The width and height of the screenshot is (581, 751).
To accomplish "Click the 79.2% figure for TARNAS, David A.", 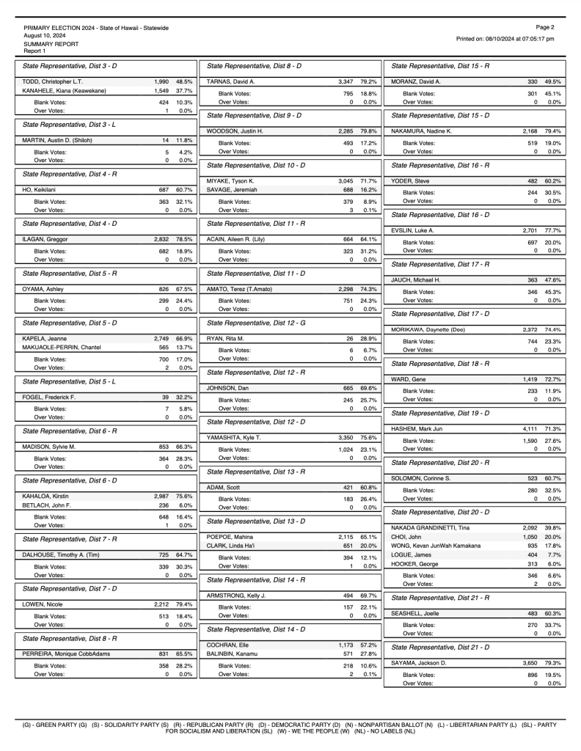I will click(369, 81).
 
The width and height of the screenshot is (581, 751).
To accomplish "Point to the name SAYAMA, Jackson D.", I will click(423, 662).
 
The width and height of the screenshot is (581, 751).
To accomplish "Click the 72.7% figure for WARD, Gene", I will click(554, 378).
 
